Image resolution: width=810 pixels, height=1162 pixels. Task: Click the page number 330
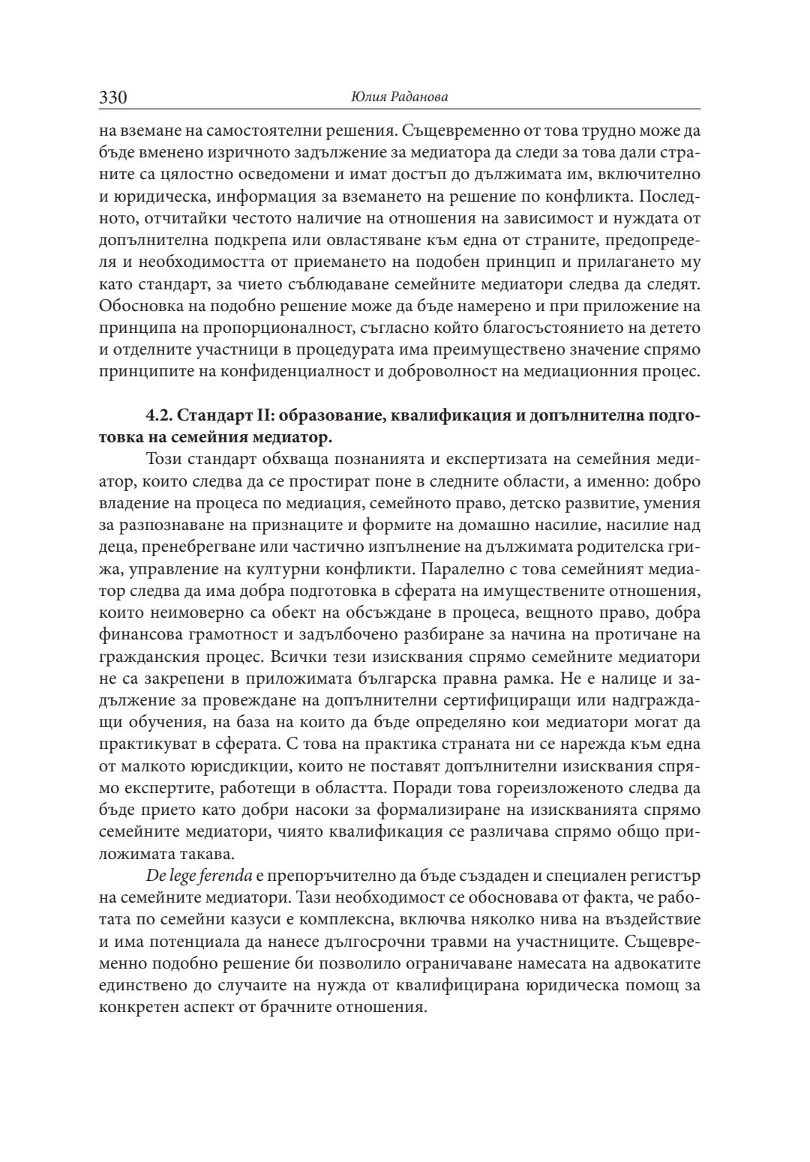pyautogui.click(x=113, y=97)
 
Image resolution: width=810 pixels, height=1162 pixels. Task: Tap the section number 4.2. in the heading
pyautogui.click(x=160, y=417)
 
